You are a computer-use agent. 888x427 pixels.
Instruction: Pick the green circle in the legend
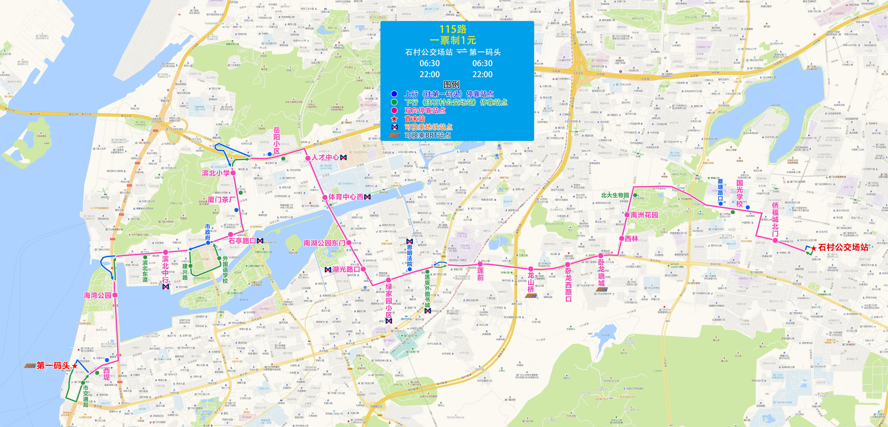click(x=394, y=102)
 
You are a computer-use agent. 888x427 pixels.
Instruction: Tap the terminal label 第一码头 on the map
click(x=53, y=366)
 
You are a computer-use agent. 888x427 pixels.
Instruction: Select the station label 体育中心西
click(x=346, y=197)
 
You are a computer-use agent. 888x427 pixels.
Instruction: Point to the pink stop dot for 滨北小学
click(x=233, y=173)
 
